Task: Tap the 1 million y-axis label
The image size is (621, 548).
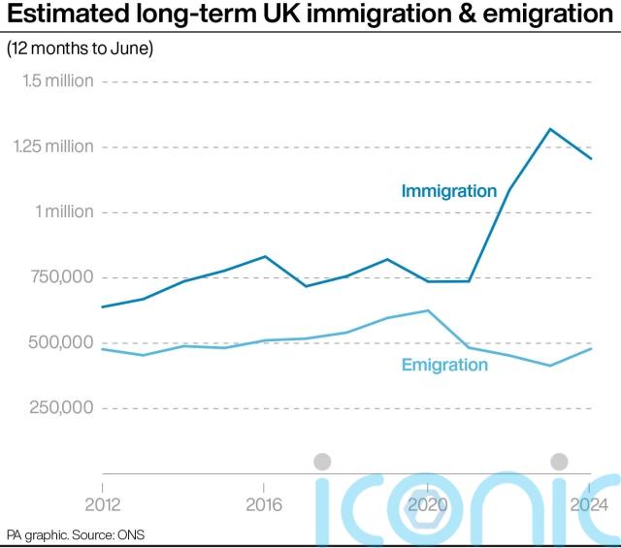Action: coord(64,211)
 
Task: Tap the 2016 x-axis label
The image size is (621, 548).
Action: coord(264,504)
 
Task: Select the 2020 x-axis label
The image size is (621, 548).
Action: coord(426,504)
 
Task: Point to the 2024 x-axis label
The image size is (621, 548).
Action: coord(589,504)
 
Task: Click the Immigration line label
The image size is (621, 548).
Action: coord(448,191)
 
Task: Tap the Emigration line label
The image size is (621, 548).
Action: coord(443,365)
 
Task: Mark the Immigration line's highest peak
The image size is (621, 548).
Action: coord(550,129)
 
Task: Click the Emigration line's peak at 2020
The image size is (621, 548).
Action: coord(428,310)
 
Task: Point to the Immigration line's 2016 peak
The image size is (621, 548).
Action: coord(265,256)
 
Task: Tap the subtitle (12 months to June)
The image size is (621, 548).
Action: coord(82,48)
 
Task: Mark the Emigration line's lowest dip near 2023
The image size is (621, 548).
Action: coord(550,366)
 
